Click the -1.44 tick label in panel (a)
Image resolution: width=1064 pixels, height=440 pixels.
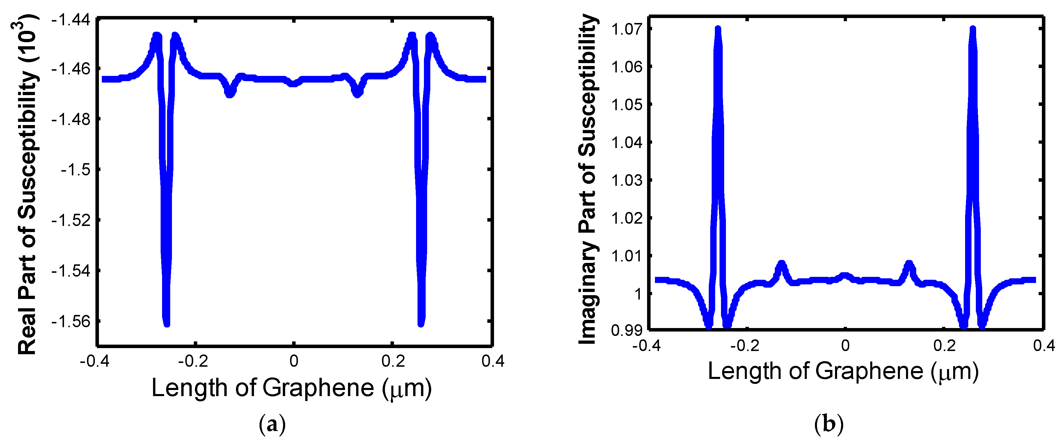point(70,19)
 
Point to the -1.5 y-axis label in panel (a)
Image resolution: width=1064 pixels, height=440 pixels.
point(76,170)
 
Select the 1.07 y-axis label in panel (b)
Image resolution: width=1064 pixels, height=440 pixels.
point(627,29)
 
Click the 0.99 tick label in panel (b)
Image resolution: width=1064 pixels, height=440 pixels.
point(627,330)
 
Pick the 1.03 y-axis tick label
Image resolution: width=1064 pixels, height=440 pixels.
point(627,180)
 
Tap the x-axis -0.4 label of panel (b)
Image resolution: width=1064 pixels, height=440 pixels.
point(646,345)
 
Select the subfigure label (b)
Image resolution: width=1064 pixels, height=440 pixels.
point(829,424)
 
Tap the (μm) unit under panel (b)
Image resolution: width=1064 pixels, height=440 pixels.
point(955,371)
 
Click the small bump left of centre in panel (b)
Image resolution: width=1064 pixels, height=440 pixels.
point(781,264)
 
